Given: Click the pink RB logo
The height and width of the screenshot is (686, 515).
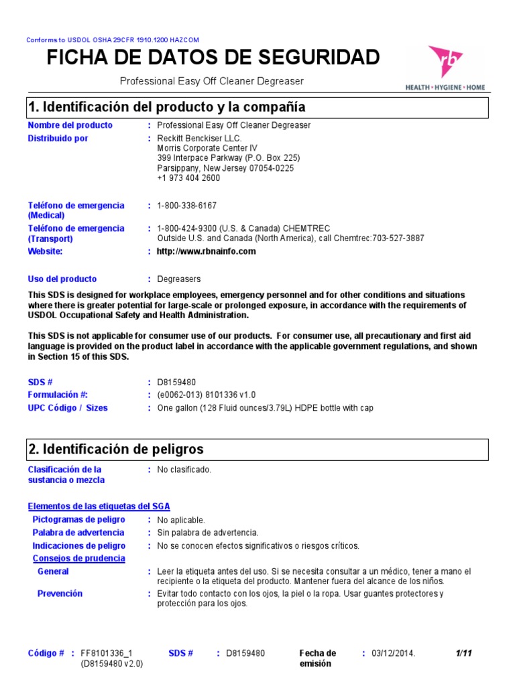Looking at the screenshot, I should [x=445, y=64].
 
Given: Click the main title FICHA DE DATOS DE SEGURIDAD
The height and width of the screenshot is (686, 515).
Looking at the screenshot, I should [x=213, y=58].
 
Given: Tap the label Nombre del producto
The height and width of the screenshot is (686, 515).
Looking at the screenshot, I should [x=70, y=125].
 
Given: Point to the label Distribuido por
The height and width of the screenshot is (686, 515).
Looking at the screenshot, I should [x=58, y=139].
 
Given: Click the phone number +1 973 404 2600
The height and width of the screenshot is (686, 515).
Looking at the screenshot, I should [x=188, y=178].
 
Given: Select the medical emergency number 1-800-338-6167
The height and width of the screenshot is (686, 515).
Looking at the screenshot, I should [x=187, y=206].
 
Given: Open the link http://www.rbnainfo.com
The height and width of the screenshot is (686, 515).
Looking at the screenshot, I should [x=207, y=252].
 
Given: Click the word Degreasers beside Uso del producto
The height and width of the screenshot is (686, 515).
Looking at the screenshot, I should [x=178, y=279].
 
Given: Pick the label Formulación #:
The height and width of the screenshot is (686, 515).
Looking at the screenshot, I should [x=58, y=395].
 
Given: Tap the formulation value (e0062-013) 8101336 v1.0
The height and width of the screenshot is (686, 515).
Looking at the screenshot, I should [x=207, y=395].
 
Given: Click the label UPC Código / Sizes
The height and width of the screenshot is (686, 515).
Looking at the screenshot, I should [x=68, y=408].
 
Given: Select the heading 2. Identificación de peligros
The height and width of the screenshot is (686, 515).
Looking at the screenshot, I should [x=116, y=449].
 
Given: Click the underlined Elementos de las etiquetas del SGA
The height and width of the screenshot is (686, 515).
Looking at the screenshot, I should [x=103, y=506].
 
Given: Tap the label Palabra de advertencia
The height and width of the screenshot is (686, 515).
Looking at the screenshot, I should [x=78, y=533].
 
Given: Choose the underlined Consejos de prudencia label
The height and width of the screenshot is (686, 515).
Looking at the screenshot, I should [x=79, y=558].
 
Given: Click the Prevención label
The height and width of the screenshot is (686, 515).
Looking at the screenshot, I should [x=60, y=594].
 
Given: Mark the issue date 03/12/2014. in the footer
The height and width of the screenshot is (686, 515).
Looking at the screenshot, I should [x=394, y=653].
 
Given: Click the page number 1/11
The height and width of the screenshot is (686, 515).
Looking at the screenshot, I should [x=465, y=653].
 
